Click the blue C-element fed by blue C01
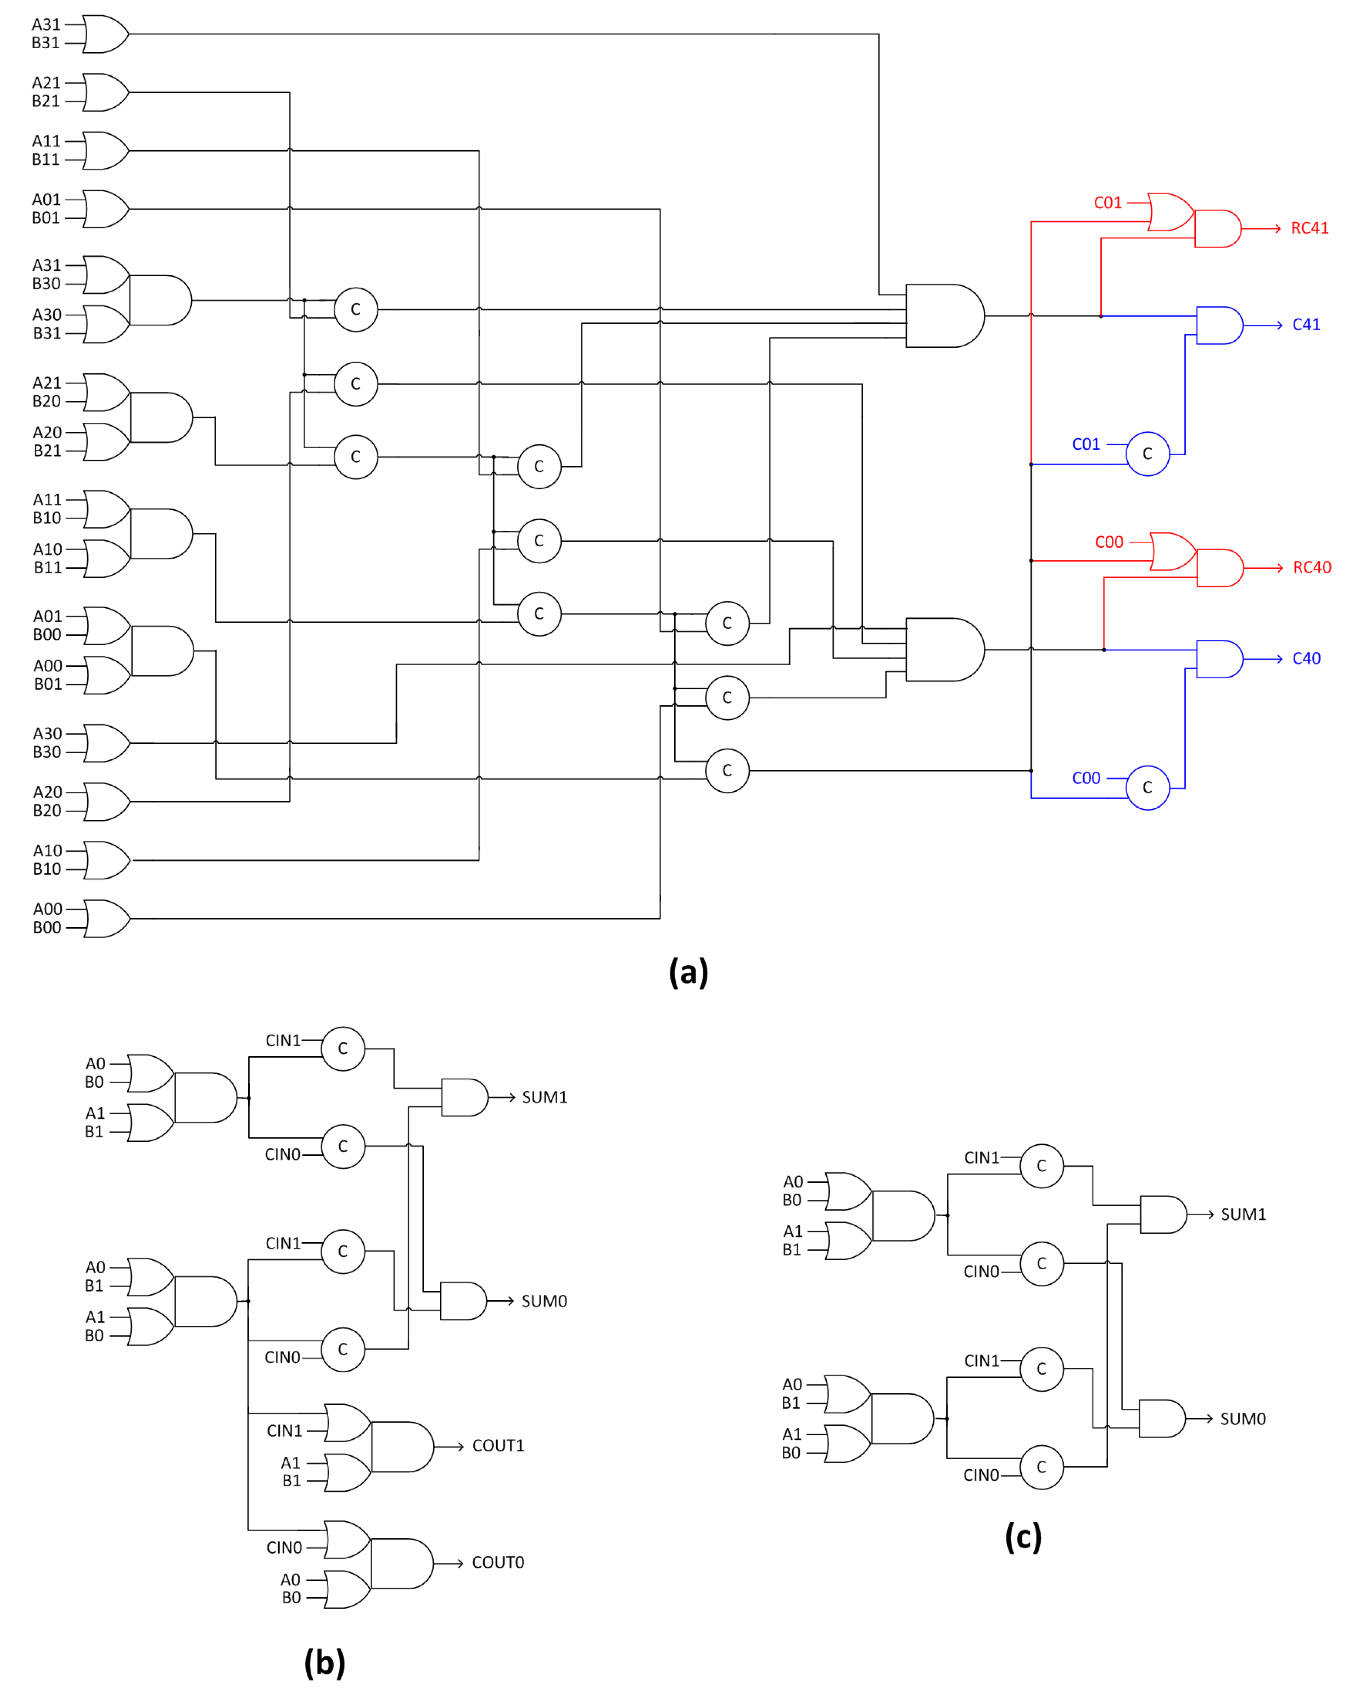[1147, 454]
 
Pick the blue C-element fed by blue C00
[1147, 787]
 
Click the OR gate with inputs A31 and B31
[105, 34]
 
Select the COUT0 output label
[497, 1562]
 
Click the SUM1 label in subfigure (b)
[545, 1097]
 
